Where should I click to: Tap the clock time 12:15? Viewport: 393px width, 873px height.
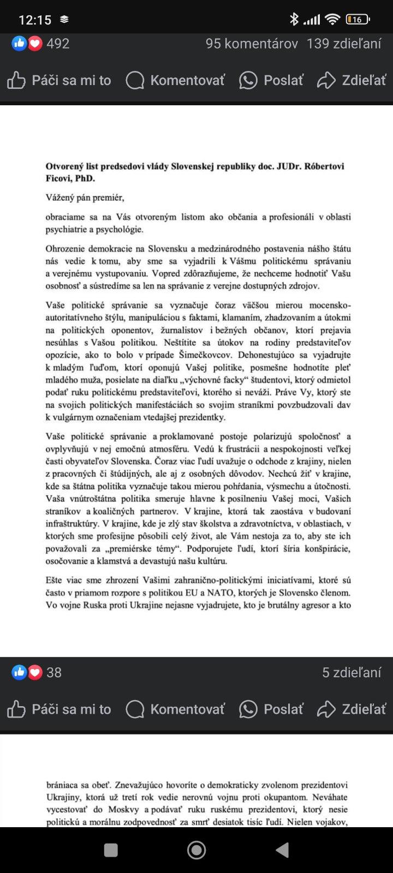35,20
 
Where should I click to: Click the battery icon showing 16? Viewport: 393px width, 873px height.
358,20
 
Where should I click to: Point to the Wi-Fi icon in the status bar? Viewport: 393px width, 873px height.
332,20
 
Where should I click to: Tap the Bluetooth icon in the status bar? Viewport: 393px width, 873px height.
294,20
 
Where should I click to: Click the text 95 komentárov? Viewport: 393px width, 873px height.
252,44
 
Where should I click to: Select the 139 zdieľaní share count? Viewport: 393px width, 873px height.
344,44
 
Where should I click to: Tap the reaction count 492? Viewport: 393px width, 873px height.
58,44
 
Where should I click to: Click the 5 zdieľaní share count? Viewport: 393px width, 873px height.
352,672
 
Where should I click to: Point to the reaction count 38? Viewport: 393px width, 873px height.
54,672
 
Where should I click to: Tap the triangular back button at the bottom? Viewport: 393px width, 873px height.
282,850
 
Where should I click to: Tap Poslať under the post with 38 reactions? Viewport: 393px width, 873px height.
271,709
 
